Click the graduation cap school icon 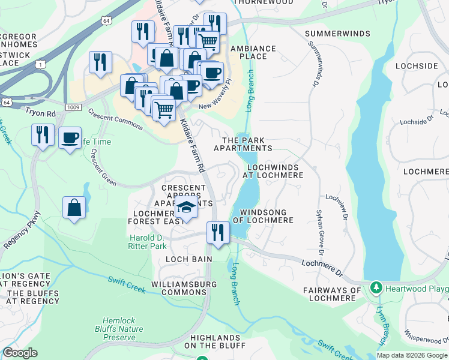click(x=187, y=208)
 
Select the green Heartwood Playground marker click(x=376, y=289)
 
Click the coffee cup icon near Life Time click(x=70, y=137)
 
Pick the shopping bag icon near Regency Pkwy click(x=74, y=208)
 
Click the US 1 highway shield click(x=40, y=64)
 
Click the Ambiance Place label click(x=253, y=53)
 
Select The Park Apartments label click(x=247, y=144)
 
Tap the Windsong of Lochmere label click(x=267, y=216)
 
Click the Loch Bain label click(x=189, y=259)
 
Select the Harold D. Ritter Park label click(x=148, y=242)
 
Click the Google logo click(x=20, y=353)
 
